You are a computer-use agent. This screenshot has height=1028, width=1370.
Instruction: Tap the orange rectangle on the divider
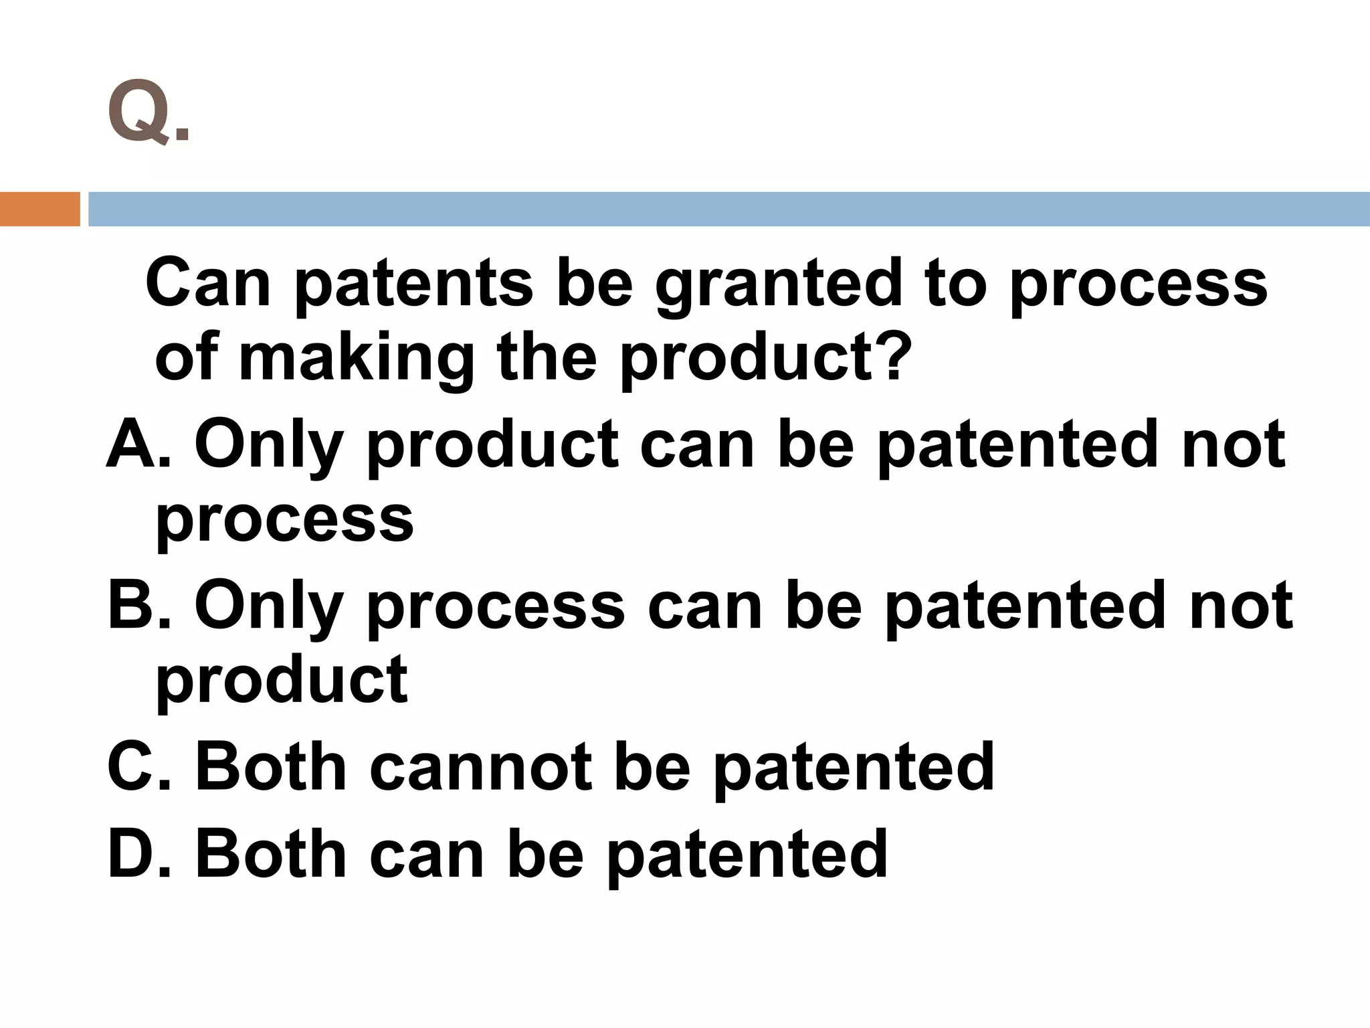[x=39, y=209]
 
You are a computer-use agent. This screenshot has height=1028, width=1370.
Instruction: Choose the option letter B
[x=130, y=605]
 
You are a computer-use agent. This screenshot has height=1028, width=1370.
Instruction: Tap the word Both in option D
[x=270, y=853]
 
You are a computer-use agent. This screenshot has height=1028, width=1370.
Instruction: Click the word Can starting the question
[x=208, y=284]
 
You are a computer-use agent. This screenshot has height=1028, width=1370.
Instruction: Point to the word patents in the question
[x=414, y=285]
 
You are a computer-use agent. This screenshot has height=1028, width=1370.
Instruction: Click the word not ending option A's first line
[x=1232, y=444]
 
